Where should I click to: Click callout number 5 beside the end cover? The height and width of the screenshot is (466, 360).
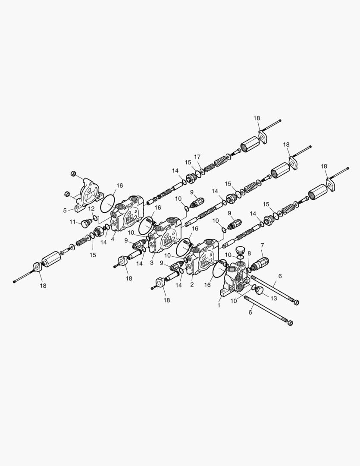tap(65, 211)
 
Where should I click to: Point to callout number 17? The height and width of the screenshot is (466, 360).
tap(197, 157)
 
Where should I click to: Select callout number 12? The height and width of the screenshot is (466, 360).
tap(91, 209)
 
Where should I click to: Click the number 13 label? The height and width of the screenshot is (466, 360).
tap(274, 298)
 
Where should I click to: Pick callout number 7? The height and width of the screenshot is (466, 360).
tap(262, 245)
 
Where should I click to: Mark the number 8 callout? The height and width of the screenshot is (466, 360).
tap(249, 253)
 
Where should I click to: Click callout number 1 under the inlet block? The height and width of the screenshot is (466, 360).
tap(219, 305)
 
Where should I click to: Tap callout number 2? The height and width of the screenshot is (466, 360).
tap(192, 284)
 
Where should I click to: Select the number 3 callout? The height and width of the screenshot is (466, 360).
tap(152, 263)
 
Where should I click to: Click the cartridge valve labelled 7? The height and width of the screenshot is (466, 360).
tap(260, 263)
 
